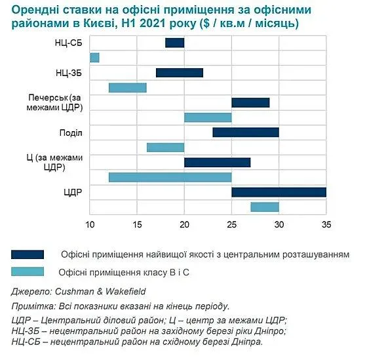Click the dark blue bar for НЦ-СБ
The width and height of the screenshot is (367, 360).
[174, 43]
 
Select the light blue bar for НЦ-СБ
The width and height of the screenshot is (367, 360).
[94, 58]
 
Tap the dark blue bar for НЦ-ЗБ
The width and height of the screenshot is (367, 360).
[180, 73]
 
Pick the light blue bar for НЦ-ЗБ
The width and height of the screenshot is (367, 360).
[128, 88]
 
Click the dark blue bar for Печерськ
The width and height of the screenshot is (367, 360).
[250, 102]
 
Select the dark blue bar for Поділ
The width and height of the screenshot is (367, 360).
[246, 132]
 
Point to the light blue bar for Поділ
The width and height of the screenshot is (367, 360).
[165, 148]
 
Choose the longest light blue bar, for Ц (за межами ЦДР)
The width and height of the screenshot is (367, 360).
[170, 177]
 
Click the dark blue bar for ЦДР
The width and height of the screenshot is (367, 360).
[279, 192]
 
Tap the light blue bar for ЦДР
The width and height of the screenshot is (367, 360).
[265, 207]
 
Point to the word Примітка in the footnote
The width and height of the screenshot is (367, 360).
[32, 306]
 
